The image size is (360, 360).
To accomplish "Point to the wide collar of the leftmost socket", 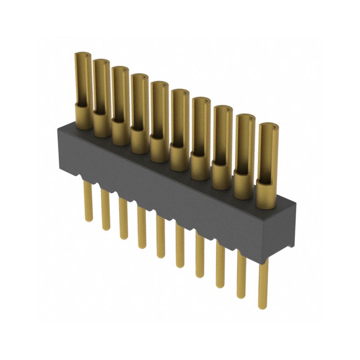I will point(83,116).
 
